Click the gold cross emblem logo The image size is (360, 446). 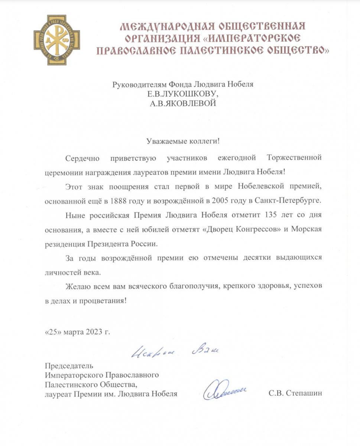(x=57, y=40)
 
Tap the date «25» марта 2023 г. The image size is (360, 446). (x=78, y=332)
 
